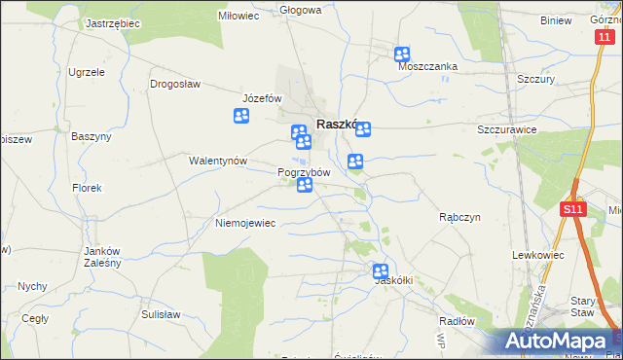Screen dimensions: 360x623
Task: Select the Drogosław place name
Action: click(175, 84)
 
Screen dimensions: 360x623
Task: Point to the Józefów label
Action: click(262, 98)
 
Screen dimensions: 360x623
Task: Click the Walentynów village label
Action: click(219, 161)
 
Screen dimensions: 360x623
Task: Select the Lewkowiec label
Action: click(539, 254)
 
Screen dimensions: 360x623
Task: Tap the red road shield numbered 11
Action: click(605, 36)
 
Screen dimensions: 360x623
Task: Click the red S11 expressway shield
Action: click(573, 209)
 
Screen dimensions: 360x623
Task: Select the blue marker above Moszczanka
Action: click(402, 54)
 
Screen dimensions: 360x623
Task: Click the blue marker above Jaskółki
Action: click(381, 271)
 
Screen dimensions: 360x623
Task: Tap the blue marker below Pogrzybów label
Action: click(305, 185)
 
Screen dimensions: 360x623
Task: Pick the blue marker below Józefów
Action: click(241, 117)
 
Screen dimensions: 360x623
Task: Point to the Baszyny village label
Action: click(92, 136)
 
